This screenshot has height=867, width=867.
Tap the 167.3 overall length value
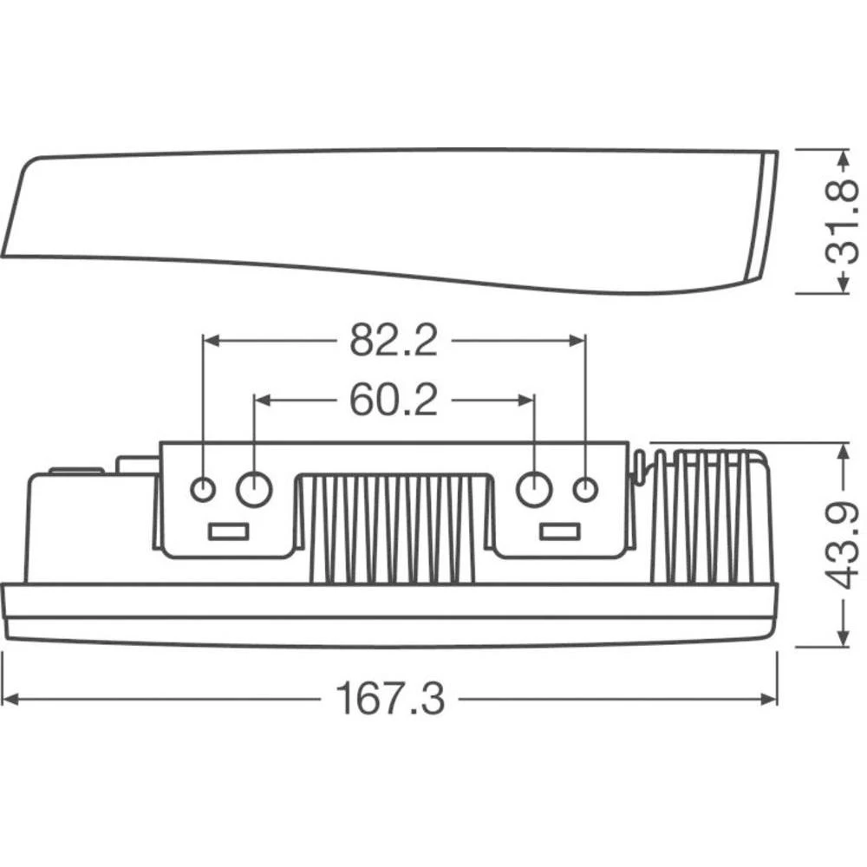(390, 699)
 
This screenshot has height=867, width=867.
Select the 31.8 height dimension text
(840, 222)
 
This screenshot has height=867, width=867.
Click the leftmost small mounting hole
(203, 490)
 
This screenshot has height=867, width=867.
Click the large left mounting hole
(255, 490)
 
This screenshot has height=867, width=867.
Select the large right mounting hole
(534, 490)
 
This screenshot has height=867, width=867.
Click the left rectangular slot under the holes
(229, 531)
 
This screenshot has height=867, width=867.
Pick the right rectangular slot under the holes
(559, 531)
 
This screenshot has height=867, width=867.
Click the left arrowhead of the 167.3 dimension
(9, 699)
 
